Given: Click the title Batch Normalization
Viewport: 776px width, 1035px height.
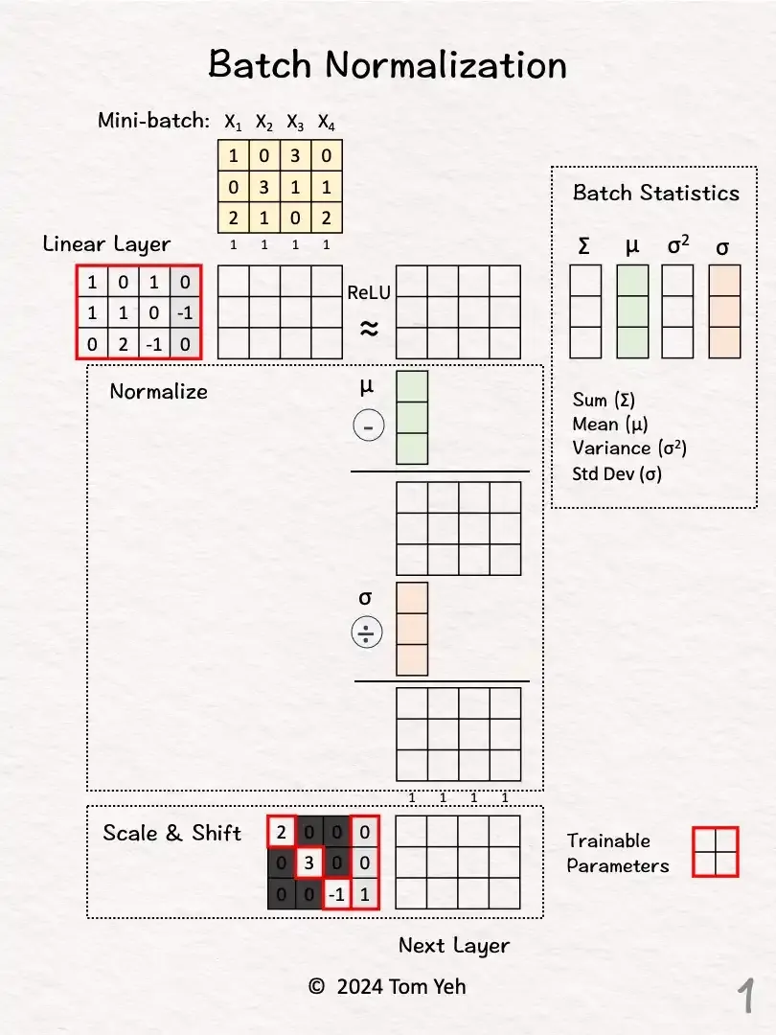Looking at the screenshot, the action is point(387,65).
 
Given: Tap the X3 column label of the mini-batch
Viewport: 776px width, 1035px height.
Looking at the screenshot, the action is point(295,122).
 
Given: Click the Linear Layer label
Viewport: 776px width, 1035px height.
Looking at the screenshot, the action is point(106,244).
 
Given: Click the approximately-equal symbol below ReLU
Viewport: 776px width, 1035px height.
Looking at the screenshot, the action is point(369,329).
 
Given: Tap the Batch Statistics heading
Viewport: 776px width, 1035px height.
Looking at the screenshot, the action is point(655,193).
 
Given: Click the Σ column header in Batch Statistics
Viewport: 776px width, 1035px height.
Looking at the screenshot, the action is point(584,247).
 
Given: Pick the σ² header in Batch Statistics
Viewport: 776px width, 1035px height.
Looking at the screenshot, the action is point(677,247).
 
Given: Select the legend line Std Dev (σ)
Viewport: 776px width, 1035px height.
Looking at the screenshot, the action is point(616,472).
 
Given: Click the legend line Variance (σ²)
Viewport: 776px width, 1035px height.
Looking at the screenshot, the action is point(628,448).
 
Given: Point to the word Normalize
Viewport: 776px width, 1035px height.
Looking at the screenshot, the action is point(158,391).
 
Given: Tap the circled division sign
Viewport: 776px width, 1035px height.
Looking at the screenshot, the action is point(368,633).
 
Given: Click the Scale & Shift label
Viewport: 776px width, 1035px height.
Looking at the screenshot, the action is point(172,833).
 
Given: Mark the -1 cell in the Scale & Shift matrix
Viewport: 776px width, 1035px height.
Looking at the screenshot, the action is point(336,894).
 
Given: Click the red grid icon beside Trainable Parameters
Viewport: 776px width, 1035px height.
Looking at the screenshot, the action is point(715,851).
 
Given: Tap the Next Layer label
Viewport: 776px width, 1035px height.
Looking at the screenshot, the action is point(454,946).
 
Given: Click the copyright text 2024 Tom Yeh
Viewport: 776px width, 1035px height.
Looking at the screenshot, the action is point(387,986).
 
